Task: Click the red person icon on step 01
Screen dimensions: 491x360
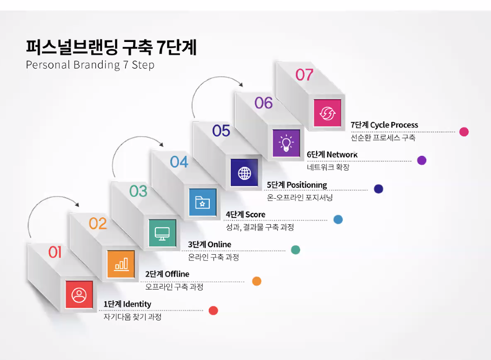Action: [79, 295]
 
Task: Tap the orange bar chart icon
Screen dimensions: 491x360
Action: [121, 264]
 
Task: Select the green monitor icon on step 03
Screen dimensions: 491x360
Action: [162, 233]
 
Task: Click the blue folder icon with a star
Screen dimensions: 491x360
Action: [202, 203]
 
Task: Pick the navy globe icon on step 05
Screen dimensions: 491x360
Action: [244, 173]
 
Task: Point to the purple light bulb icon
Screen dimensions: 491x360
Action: [286, 143]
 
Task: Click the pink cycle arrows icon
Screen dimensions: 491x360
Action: [327, 113]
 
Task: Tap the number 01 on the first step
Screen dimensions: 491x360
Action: [55, 252]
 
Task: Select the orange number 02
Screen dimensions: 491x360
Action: [98, 224]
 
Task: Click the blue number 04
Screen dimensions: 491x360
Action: [179, 162]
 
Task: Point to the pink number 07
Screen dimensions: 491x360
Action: [304, 75]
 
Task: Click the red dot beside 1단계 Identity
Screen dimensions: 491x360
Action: [213, 311]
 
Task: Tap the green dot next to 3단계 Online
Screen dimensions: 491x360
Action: [295, 250]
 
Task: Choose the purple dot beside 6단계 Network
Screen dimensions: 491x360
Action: [422, 160]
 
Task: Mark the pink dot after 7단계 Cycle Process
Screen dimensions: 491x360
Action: [463, 132]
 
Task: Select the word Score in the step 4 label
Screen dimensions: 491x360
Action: [255, 215]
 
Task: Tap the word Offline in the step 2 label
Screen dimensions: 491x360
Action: [177, 274]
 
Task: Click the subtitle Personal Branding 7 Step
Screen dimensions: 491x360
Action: [90, 65]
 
